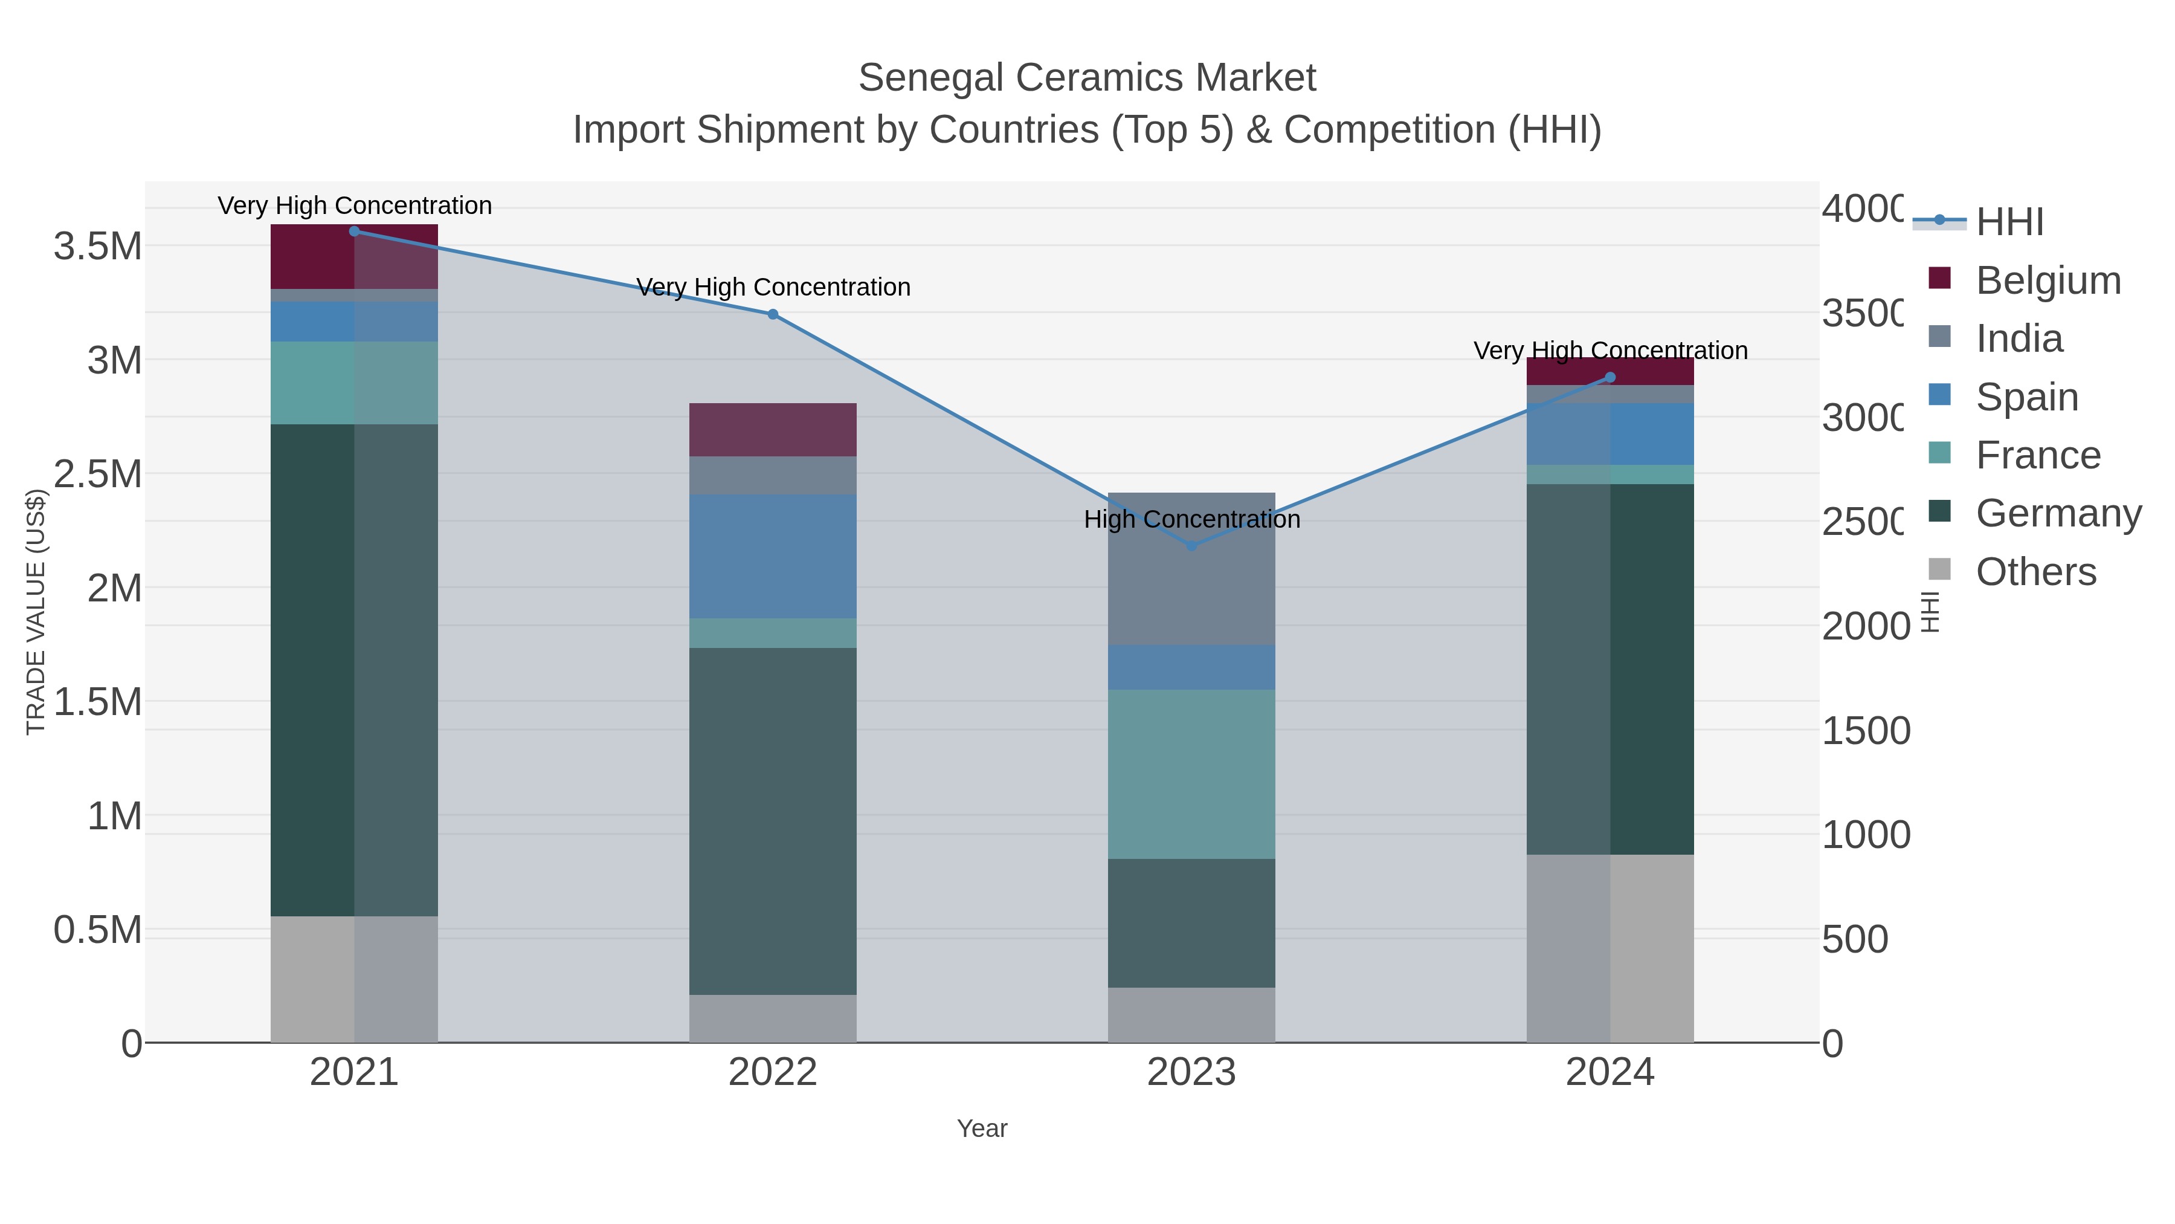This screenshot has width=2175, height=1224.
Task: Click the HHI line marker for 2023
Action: [x=1191, y=546]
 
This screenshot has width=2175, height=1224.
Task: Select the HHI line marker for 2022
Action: [x=773, y=314]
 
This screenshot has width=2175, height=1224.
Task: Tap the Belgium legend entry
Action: [x=2048, y=280]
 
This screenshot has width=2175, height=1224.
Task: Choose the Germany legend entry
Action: [x=2058, y=513]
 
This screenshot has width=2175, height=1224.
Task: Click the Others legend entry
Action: [x=2035, y=572]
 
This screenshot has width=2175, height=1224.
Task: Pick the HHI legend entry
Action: [x=2009, y=222]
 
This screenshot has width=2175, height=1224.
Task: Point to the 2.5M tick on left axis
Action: [x=98, y=474]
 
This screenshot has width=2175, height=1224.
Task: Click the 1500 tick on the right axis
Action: [x=1865, y=731]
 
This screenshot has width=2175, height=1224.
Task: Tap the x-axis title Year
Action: [x=982, y=1128]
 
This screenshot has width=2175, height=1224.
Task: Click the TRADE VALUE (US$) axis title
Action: [x=36, y=612]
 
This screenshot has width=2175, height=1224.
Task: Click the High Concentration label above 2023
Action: [x=1191, y=519]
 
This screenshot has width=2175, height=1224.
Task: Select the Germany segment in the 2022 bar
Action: [x=773, y=820]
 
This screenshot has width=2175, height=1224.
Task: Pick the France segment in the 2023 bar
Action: [x=1191, y=773]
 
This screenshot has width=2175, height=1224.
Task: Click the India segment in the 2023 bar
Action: [x=1191, y=583]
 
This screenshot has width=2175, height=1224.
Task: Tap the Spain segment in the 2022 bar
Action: [x=773, y=556]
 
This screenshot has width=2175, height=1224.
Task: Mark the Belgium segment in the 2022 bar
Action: [x=773, y=429]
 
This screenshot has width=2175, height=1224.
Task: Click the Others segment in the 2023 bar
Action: [x=1191, y=1014]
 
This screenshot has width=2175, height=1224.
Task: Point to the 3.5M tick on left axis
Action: [x=98, y=247]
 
